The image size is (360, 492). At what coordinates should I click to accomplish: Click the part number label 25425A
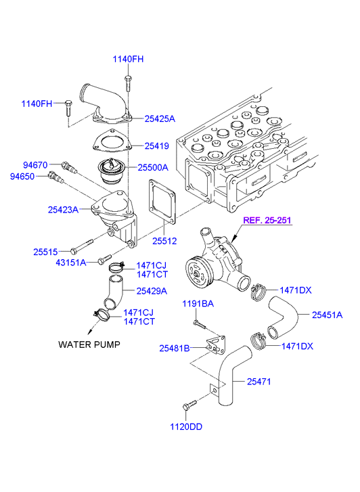(160, 118)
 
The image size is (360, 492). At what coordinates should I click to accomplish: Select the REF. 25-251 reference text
(267, 220)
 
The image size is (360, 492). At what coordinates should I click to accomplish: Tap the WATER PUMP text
(89, 344)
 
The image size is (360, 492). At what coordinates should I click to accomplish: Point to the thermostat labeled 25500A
(112, 173)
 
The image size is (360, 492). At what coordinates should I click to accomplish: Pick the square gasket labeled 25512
(162, 202)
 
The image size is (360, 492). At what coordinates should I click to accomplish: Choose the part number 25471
(258, 382)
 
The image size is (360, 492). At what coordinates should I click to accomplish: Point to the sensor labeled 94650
(55, 177)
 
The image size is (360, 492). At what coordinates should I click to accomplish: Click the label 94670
(35, 165)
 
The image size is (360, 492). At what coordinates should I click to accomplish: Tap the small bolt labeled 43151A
(104, 259)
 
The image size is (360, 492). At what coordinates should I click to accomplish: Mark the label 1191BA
(198, 303)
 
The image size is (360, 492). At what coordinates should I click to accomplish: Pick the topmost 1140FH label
(128, 59)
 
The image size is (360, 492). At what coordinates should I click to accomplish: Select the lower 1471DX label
(297, 346)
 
